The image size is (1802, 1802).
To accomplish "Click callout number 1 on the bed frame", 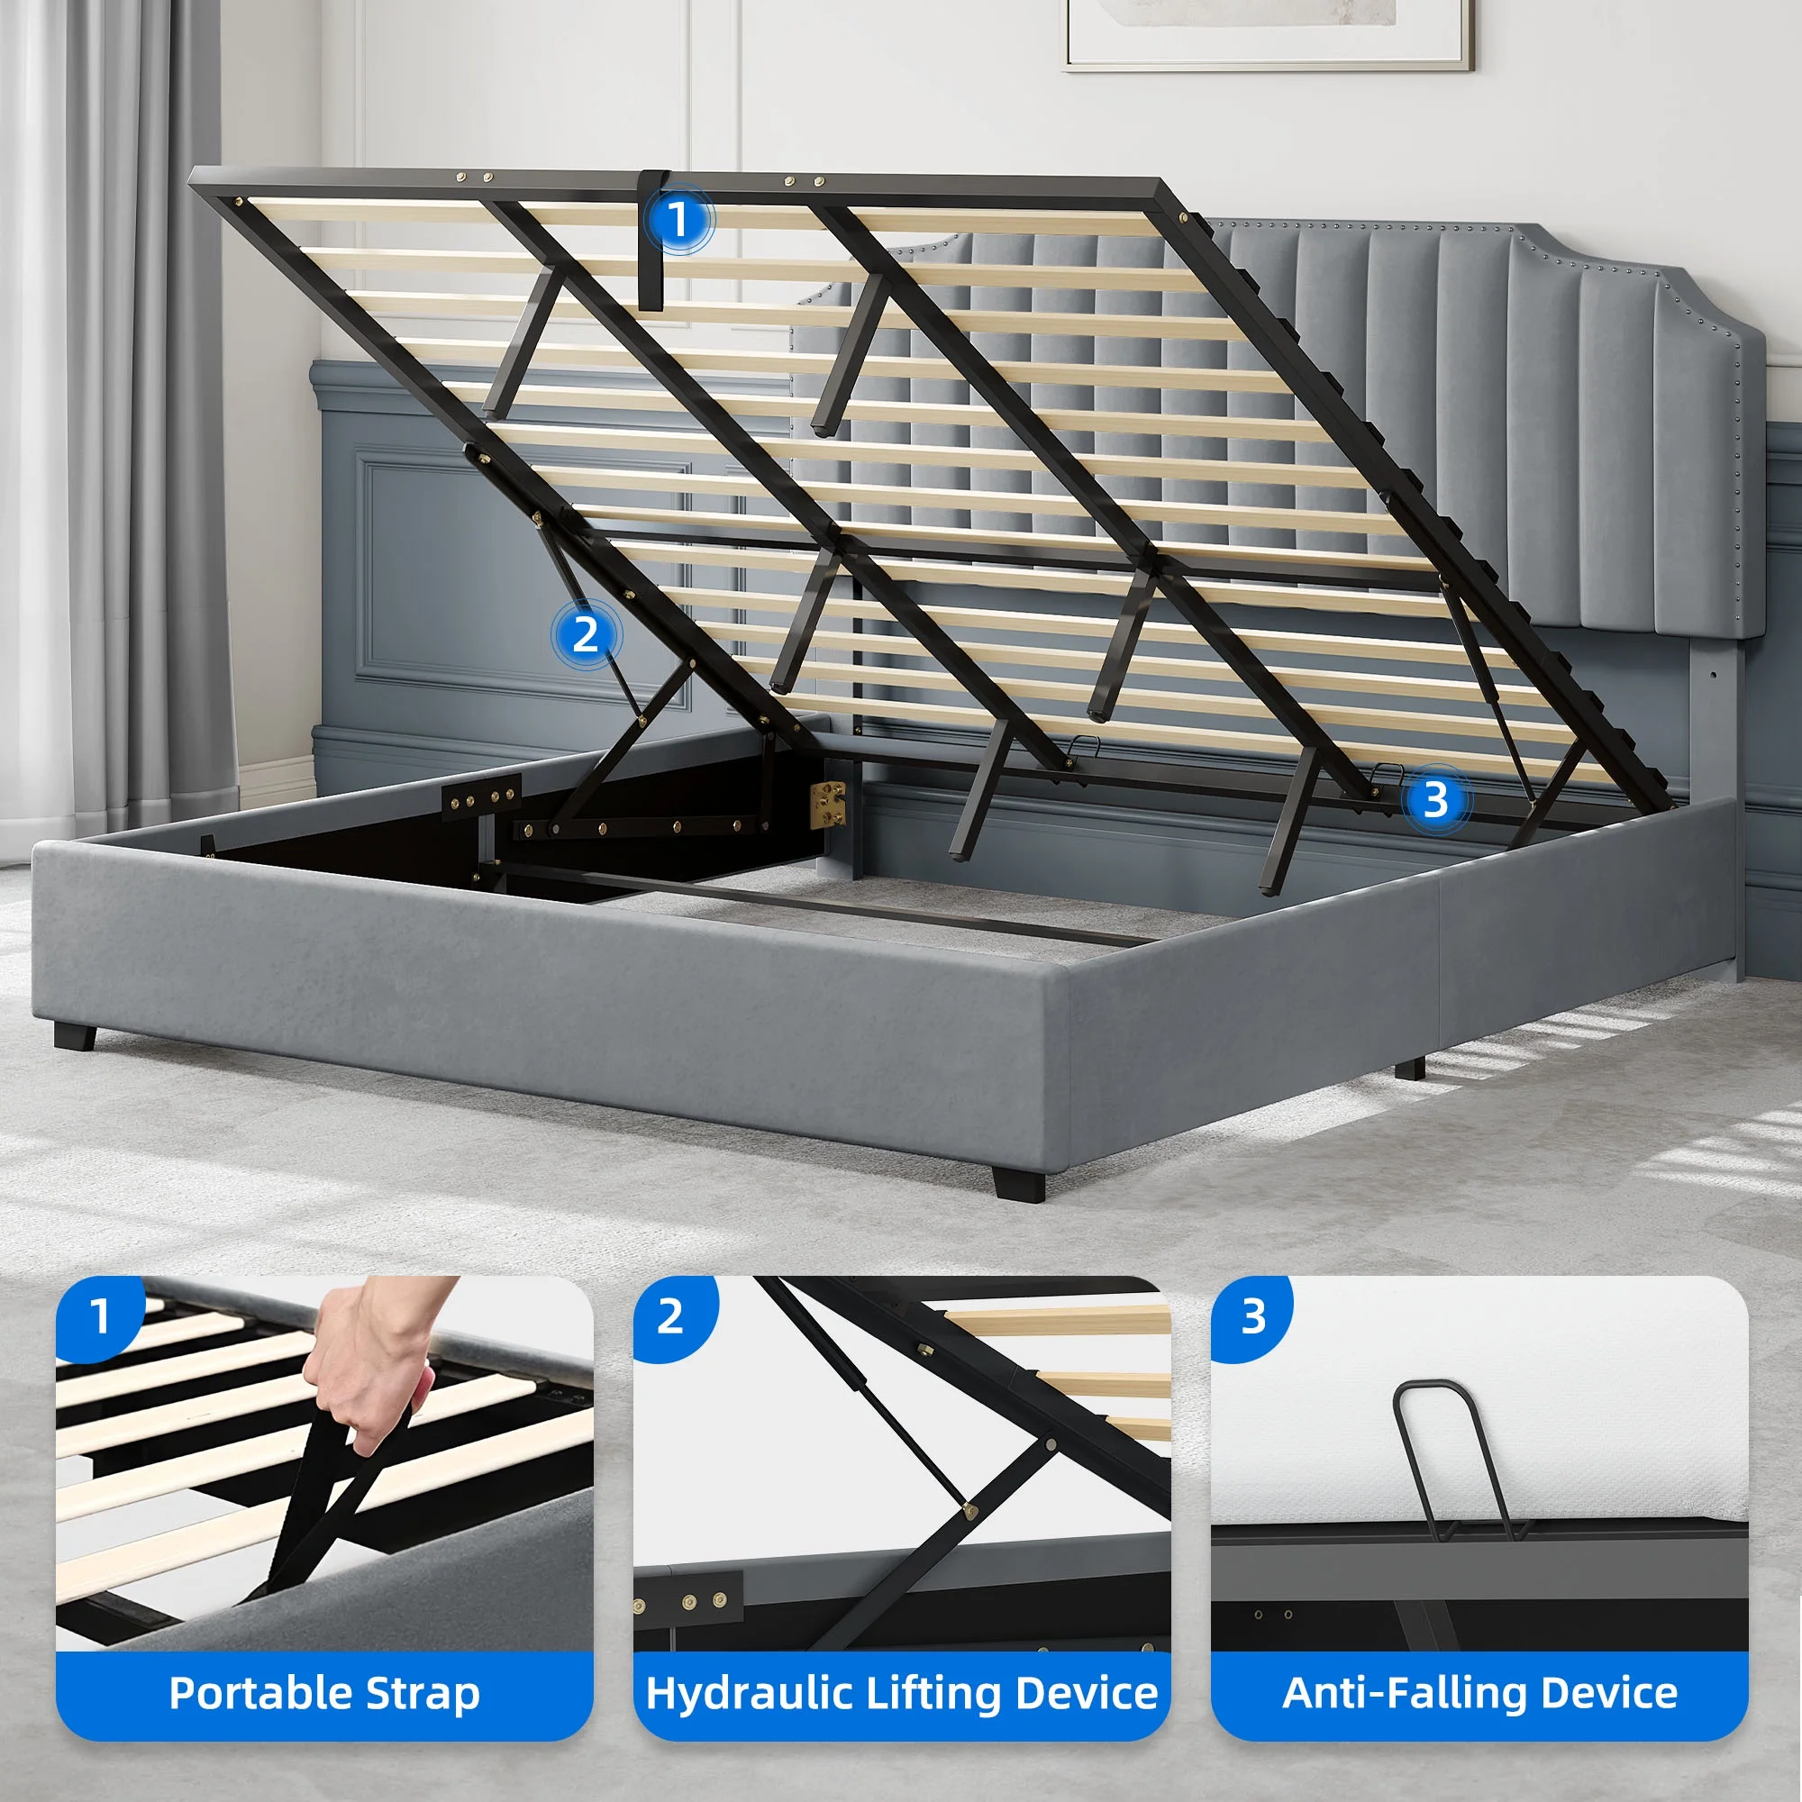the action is [678, 220].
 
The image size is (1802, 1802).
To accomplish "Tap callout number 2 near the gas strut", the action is [585, 635].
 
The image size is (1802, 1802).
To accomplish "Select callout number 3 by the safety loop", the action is [1435, 799].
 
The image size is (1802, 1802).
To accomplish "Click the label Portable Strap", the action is [324, 1692].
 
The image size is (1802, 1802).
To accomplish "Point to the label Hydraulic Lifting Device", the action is [901, 1692].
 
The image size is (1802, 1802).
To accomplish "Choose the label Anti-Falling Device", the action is [1479, 1692].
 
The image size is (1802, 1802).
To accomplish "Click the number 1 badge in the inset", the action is [100, 1317].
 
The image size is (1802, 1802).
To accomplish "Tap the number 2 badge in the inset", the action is [673, 1317].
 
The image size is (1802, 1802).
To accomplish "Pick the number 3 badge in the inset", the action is [1252, 1317].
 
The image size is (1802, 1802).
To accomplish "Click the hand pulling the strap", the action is [373, 1361].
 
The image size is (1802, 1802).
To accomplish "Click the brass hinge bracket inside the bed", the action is [826, 804].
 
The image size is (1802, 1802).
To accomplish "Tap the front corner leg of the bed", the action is [1018, 1183].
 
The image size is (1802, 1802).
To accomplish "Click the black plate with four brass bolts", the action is [480, 797].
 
